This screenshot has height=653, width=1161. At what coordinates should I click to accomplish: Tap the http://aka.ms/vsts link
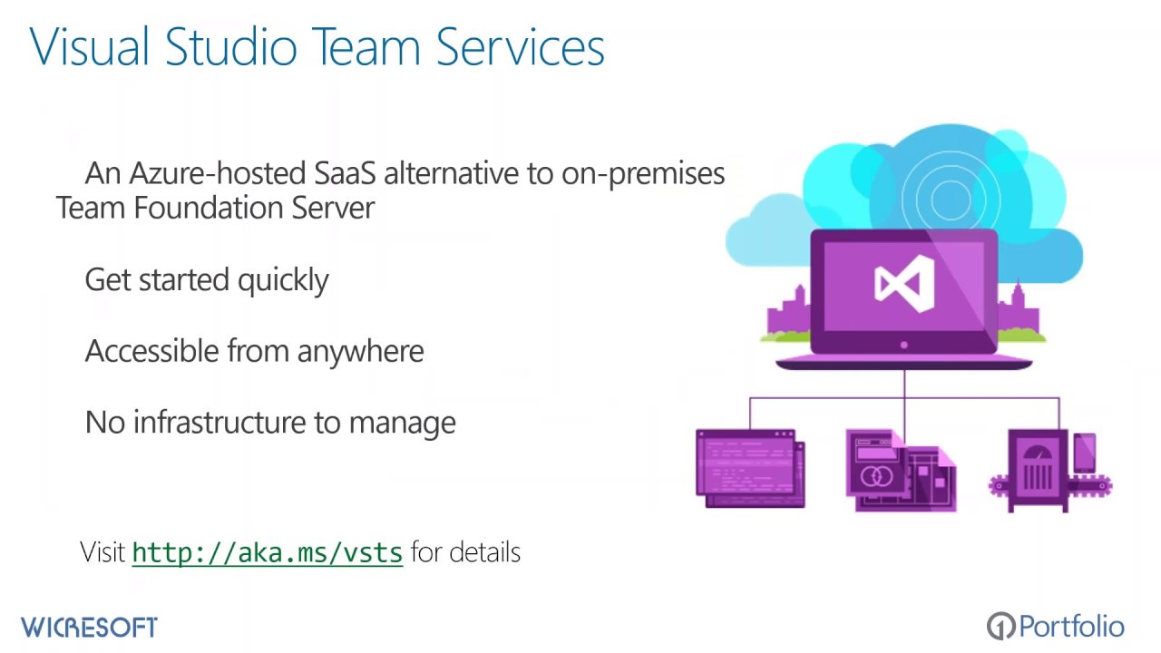268,552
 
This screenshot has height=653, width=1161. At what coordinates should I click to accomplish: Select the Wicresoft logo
89,627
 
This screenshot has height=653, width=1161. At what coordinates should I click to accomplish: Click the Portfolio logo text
1071,626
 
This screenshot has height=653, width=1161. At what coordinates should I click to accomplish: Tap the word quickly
283,280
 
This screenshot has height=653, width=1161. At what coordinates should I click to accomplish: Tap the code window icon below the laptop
750,468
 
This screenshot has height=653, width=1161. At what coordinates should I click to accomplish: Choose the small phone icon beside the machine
1084,453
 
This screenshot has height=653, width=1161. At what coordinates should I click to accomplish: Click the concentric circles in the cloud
950,193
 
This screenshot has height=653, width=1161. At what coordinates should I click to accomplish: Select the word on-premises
643,173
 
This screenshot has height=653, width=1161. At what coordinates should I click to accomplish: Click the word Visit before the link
102,551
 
